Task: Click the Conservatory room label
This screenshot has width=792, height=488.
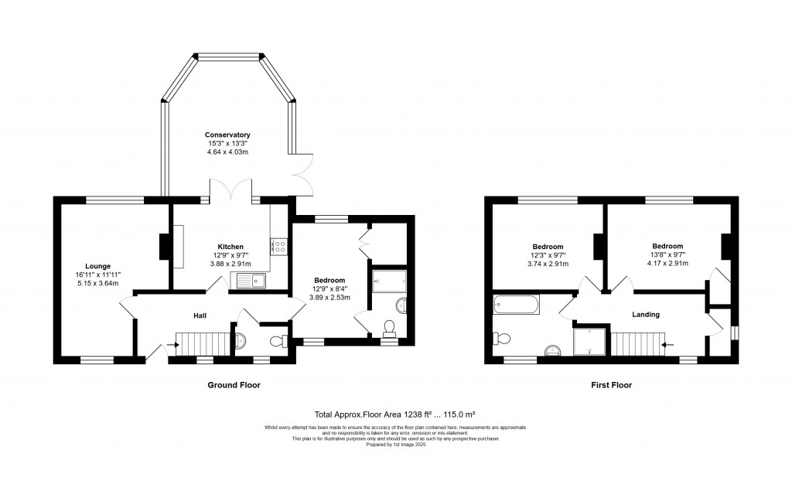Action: click(227, 135)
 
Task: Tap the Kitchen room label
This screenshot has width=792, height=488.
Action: click(230, 247)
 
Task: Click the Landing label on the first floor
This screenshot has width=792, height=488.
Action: click(646, 315)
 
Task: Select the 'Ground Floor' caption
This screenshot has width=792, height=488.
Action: click(234, 385)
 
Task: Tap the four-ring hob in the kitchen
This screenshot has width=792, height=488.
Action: click(279, 247)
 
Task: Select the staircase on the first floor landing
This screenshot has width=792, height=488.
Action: click(639, 343)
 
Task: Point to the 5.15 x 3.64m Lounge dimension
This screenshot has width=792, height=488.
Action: click(97, 282)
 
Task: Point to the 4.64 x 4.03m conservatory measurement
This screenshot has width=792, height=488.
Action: click(227, 152)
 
